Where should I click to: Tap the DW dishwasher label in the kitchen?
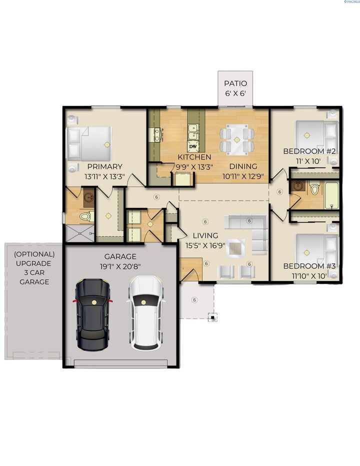point(193,146)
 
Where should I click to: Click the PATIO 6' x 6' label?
point(235,88)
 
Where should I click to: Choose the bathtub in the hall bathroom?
point(331,195)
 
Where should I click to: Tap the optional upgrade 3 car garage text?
point(34,267)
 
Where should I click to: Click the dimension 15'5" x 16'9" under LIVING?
point(205,245)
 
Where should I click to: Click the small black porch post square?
point(213,316)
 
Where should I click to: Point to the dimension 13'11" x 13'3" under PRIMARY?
point(104,176)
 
